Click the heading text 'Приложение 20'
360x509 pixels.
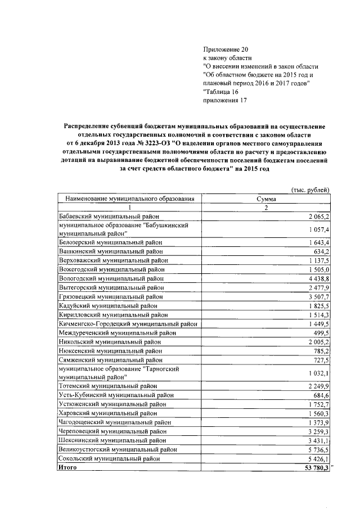(224, 49)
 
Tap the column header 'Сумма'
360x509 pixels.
(265, 199)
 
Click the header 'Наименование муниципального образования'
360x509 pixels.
(130, 199)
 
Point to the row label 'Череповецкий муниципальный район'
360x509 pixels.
(113, 431)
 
